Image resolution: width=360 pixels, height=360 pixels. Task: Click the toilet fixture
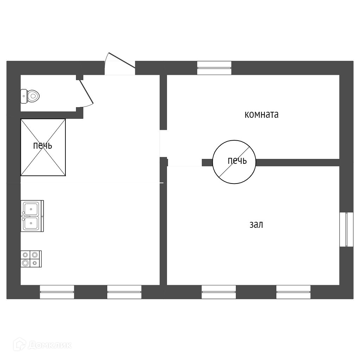point(31,96)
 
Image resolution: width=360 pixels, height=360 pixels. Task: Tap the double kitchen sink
point(33,216)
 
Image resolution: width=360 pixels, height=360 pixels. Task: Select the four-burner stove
point(31,259)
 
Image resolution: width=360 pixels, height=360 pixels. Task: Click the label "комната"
point(261,115)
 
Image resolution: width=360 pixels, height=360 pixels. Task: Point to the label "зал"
point(256,225)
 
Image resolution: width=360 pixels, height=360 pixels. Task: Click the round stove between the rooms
point(234,162)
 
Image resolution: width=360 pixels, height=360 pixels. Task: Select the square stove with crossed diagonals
point(43,147)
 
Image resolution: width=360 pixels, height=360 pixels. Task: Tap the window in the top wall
point(214,68)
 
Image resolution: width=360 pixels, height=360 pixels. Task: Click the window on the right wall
point(346,229)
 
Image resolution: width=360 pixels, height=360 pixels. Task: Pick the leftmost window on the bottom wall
point(57,292)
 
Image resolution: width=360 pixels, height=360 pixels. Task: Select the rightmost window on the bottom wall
point(293,292)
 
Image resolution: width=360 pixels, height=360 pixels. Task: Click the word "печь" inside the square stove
point(43,146)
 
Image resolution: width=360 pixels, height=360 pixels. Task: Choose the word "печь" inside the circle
point(237,161)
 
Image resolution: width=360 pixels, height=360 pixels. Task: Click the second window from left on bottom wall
point(124,292)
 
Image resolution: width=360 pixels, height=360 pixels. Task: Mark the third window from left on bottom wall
point(219,292)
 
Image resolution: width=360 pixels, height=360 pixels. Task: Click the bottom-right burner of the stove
point(34,263)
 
